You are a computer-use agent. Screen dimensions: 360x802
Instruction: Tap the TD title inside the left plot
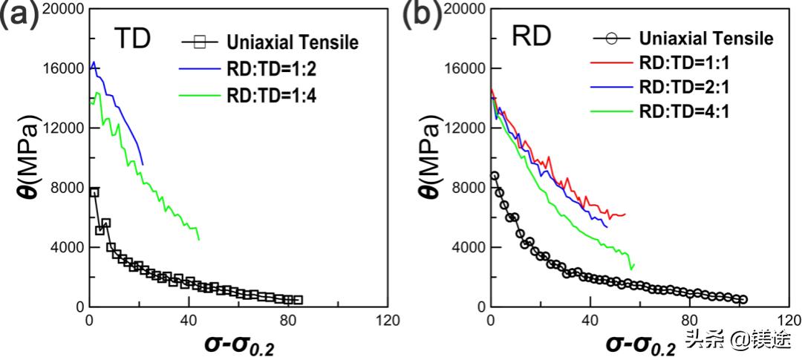pyautogui.click(x=133, y=38)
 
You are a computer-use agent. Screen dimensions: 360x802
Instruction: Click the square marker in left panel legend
pyautogui.click(x=198, y=42)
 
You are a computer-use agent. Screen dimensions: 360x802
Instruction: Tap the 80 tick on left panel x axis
pyautogui.click(x=288, y=321)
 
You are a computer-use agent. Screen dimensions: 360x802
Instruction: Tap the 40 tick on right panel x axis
pyautogui.click(x=590, y=321)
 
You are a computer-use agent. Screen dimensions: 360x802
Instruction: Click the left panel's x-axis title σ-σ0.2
pyautogui.click(x=238, y=344)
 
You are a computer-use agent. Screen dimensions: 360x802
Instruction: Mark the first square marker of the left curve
pyautogui.click(x=94, y=192)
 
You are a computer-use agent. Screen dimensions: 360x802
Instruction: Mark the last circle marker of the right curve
pyautogui.click(x=743, y=299)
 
